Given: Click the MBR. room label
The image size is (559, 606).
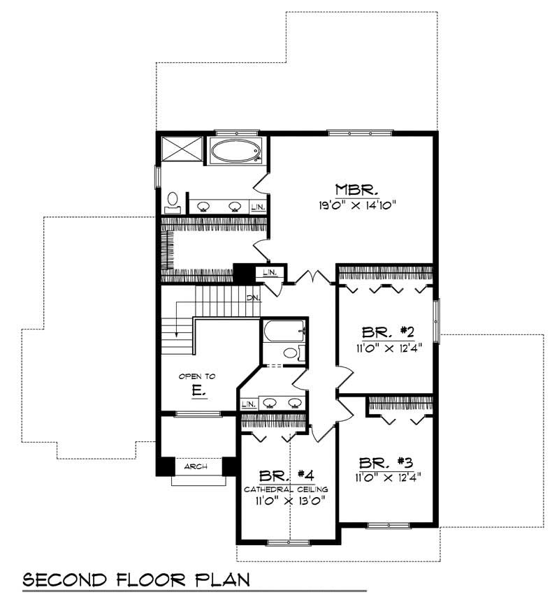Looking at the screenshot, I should [x=356, y=189].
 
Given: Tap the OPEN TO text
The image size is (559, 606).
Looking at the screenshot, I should [x=197, y=376].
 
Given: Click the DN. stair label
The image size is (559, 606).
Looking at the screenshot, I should [x=253, y=298].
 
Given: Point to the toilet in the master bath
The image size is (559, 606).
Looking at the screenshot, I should [x=172, y=202].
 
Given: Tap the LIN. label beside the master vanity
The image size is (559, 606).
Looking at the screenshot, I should [x=258, y=207].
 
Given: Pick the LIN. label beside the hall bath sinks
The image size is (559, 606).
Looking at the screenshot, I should [x=247, y=404].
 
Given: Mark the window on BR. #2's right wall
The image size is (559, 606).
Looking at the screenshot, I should [x=437, y=320].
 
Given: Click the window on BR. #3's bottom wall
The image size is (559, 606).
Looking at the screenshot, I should [x=388, y=526].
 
